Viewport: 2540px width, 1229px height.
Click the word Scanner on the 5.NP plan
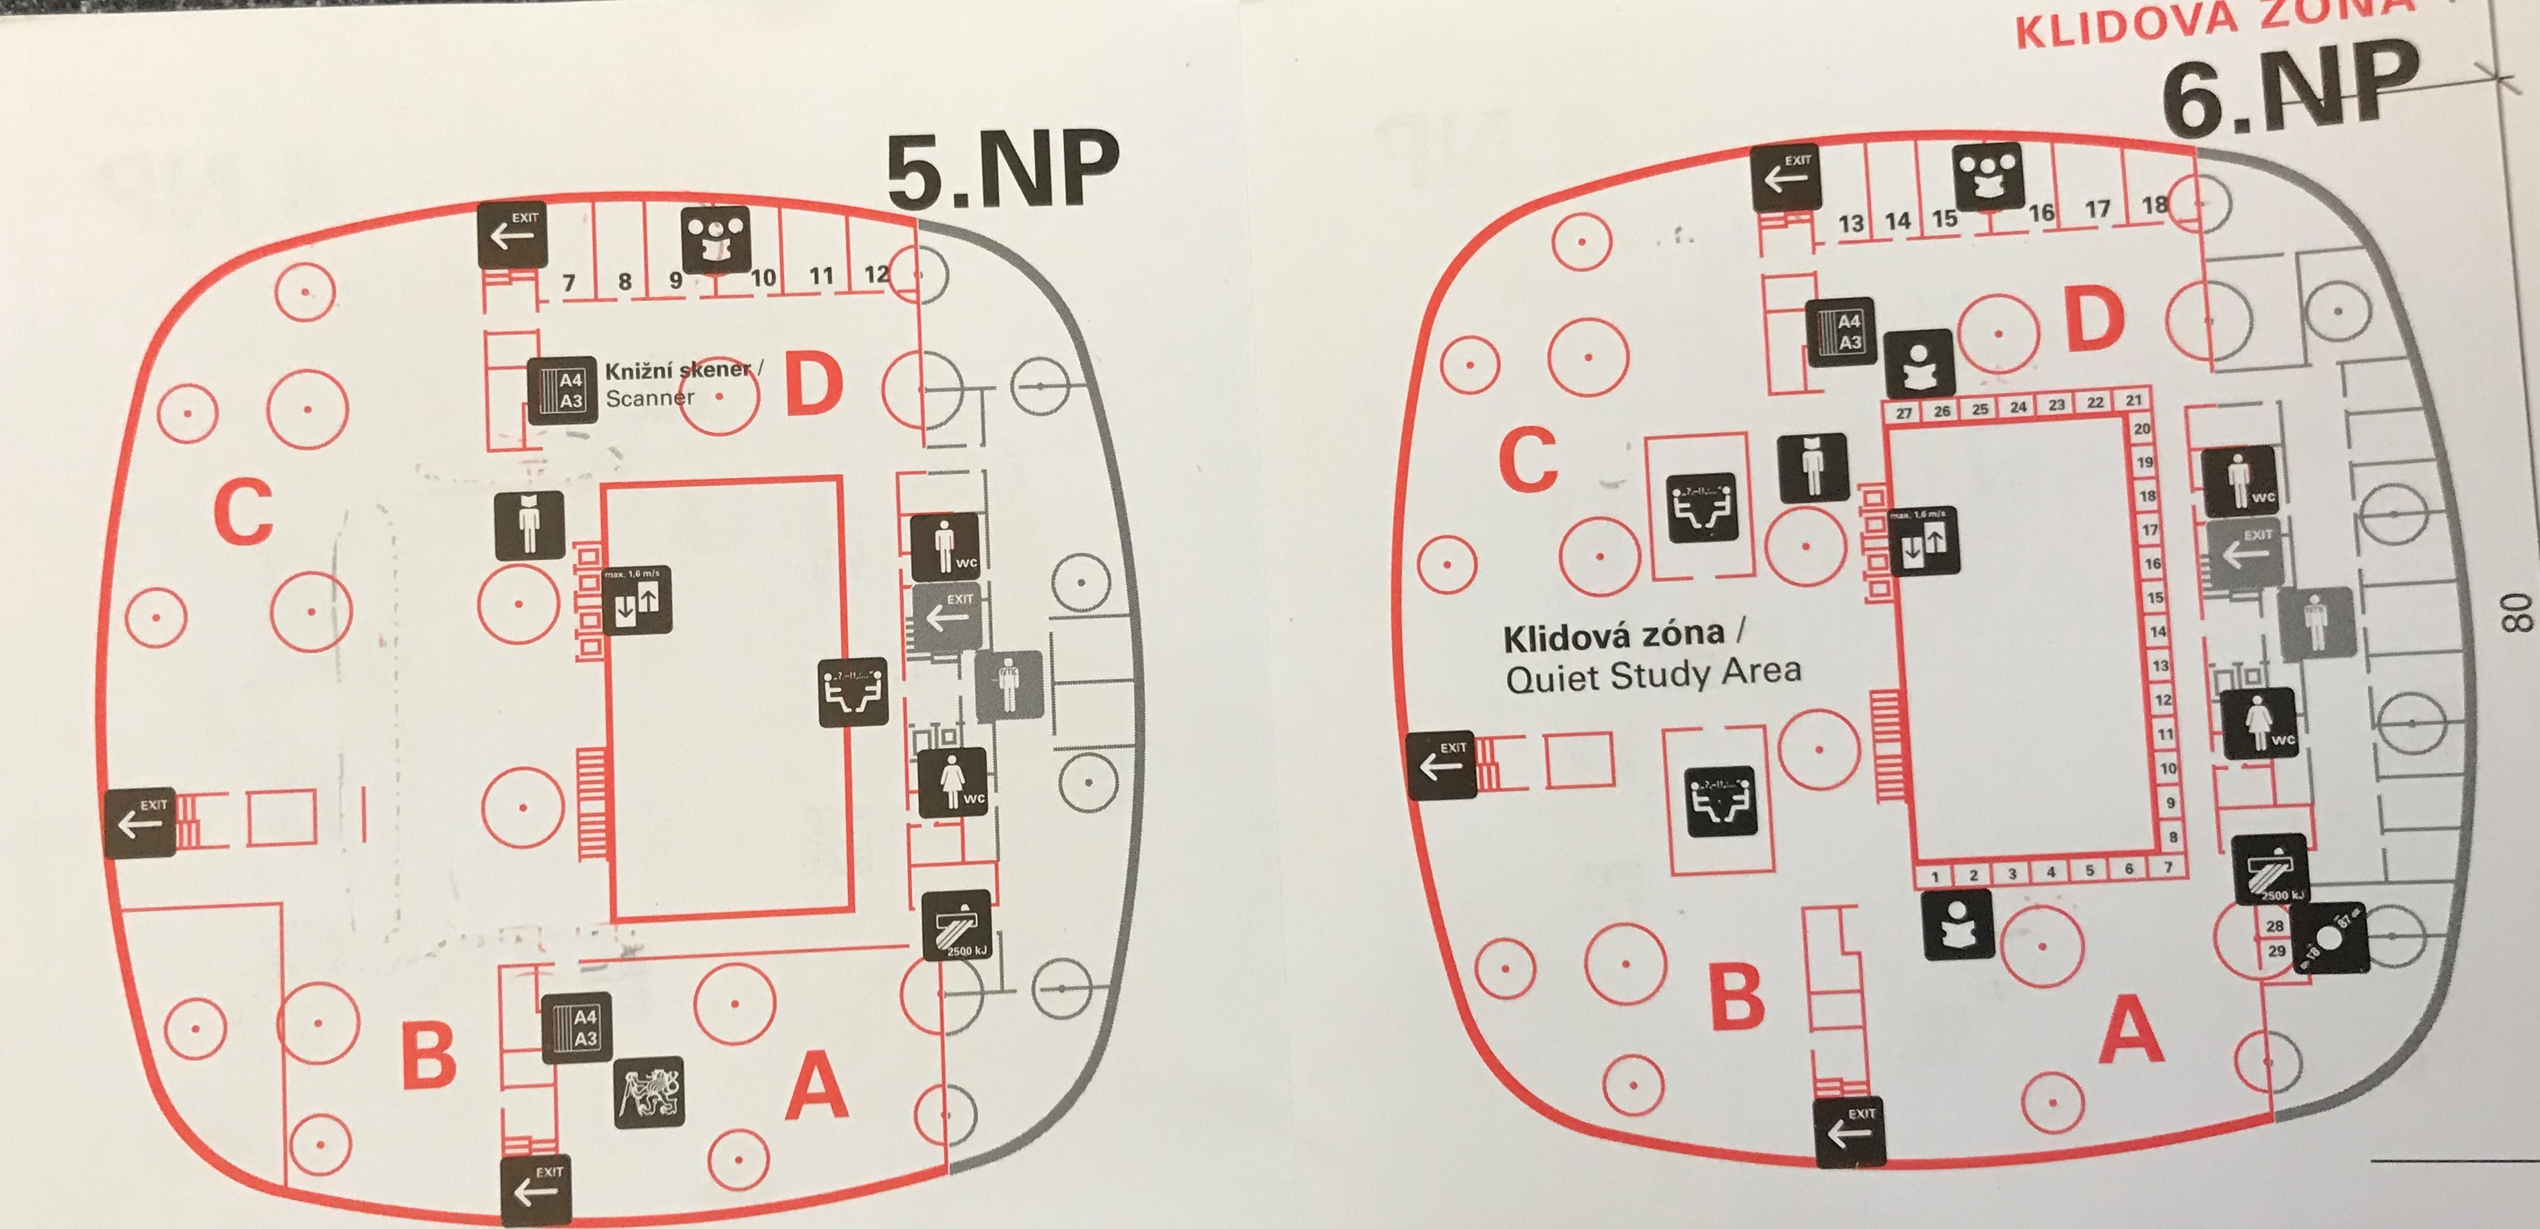click(x=649, y=398)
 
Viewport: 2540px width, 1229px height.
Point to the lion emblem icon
click(x=649, y=1092)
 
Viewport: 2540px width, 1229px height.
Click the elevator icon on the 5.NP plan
click(x=637, y=600)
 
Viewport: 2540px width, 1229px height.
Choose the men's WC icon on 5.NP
click(x=946, y=545)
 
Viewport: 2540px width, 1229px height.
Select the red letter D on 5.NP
click(x=814, y=386)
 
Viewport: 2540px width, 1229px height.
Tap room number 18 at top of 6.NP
click(x=2154, y=205)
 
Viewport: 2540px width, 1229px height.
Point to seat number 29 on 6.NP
click(x=2276, y=951)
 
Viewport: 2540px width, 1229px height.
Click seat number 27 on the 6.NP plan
click(x=1903, y=413)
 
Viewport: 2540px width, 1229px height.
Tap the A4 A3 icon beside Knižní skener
click(x=562, y=390)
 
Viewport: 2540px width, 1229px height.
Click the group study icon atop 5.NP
click(x=715, y=239)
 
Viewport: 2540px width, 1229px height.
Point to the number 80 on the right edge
click(x=2516, y=612)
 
